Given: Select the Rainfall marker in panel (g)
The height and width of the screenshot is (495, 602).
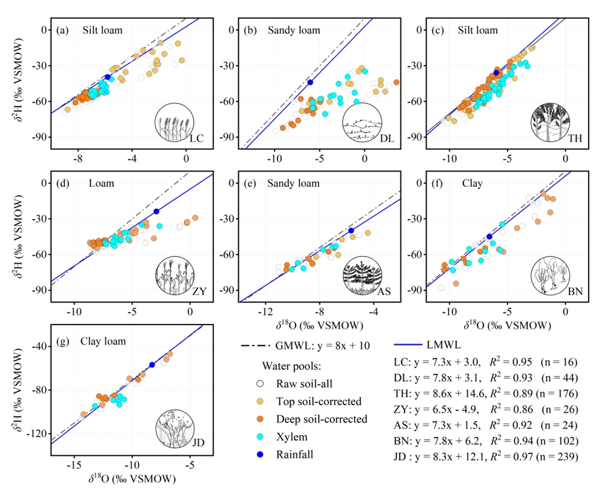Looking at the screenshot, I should point(152,365).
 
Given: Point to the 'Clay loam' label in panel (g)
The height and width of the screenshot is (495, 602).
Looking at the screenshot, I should point(103,341).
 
